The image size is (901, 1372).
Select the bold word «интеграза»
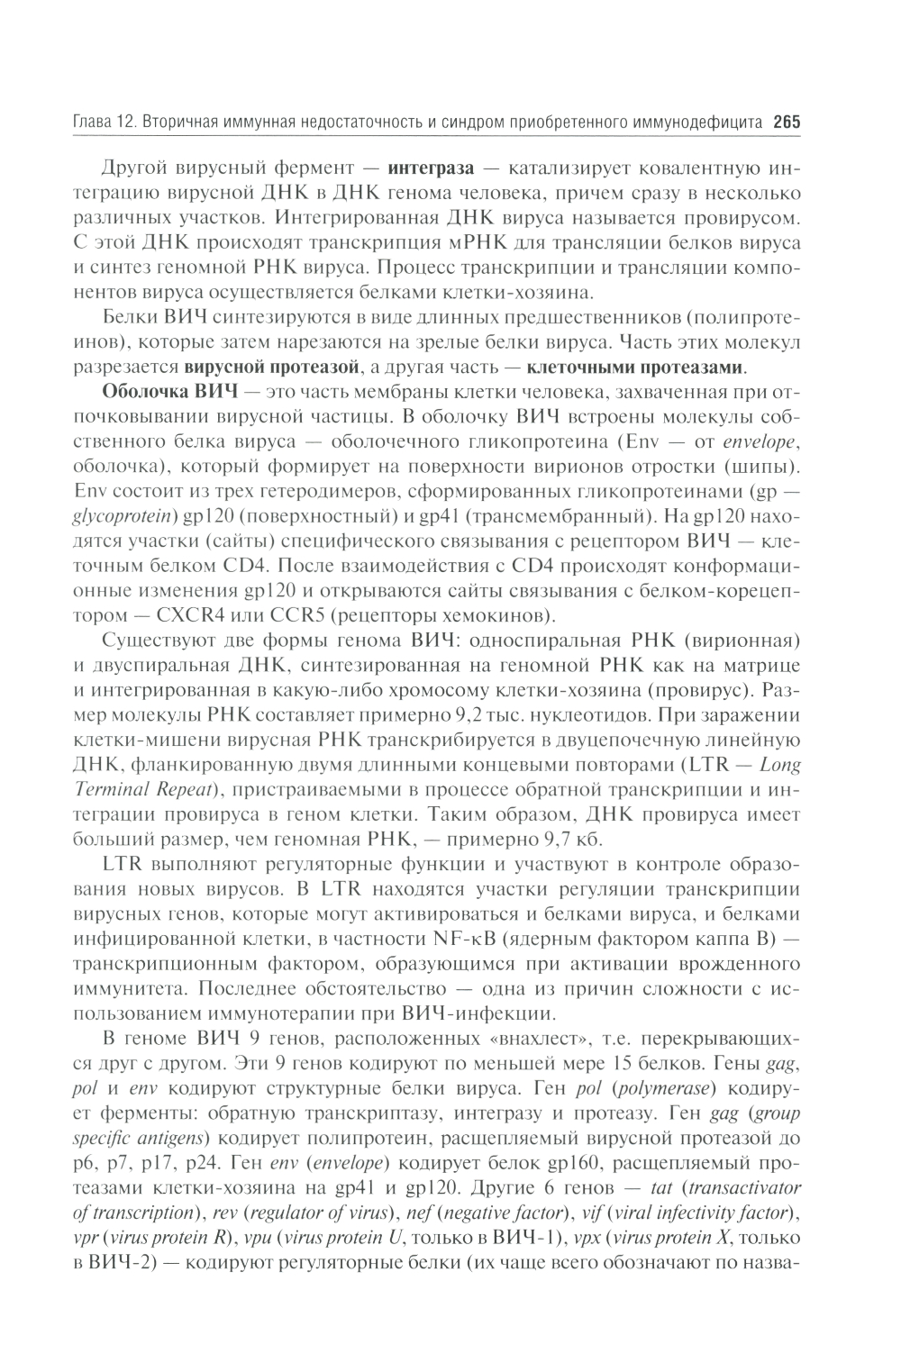point(431,168)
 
